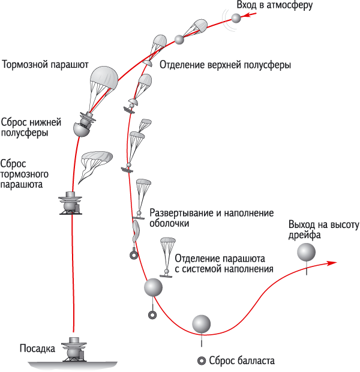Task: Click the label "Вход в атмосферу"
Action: point(275,5)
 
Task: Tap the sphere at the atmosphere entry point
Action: point(236,18)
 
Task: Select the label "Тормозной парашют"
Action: point(45,65)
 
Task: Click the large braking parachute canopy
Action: point(104,78)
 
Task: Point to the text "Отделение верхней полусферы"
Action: point(225,65)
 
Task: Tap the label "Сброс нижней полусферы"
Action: point(31,127)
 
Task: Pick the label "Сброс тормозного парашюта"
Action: point(24,174)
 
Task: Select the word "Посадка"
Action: point(37,348)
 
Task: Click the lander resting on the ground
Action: point(74,350)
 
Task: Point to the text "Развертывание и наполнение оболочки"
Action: point(211,218)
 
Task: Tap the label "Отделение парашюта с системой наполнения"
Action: point(224,263)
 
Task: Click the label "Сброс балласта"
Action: point(242,361)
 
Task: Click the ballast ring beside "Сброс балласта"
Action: point(202,361)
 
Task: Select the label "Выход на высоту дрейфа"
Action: point(323,230)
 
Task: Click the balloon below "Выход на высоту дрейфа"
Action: point(306,252)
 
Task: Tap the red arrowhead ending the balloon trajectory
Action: point(332,263)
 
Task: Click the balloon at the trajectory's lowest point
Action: point(201,324)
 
